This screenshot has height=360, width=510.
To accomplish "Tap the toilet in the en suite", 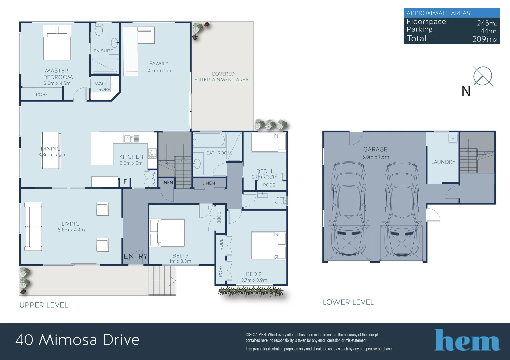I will pyautogui.click(x=99, y=29).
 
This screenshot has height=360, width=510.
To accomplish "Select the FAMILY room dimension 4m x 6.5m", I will pyautogui.click(x=159, y=71).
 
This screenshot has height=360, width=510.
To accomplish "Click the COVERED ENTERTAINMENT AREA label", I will pyautogui.click(x=221, y=77).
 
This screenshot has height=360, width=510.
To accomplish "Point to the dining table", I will pyautogui.click(x=51, y=150).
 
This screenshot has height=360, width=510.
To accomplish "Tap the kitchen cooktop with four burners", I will pyautogui.click(x=152, y=153).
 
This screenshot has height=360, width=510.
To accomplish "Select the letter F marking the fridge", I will pyautogui.click(x=125, y=182).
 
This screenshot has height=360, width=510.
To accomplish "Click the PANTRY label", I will pyautogui.click(x=153, y=179).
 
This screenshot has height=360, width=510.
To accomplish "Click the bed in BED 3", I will pyautogui.click(x=167, y=233).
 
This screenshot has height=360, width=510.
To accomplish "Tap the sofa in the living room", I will pyautogui.click(x=33, y=227).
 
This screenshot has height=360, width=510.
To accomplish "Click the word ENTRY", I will pyautogui.click(x=135, y=256).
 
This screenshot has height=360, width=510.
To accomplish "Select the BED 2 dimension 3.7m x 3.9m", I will pyautogui.click(x=254, y=280).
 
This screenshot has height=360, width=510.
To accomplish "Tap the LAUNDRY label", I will pyautogui.click(x=443, y=162).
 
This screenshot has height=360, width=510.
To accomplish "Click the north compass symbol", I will pyautogui.click(x=482, y=76).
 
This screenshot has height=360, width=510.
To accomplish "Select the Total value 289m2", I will pyautogui.click(x=484, y=39).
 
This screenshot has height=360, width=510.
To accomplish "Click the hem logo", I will pyautogui.click(x=467, y=340).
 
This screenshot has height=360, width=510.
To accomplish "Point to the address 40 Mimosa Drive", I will pyautogui.click(x=77, y=340).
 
